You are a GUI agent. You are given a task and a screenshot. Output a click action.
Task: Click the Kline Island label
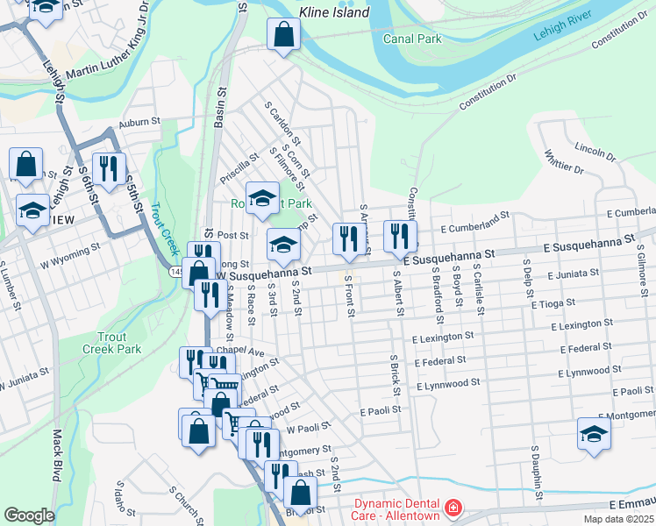(334, 12)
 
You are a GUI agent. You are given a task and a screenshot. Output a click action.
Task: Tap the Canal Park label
(412, 39)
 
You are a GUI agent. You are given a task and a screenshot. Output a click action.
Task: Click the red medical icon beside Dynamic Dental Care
(453, 508)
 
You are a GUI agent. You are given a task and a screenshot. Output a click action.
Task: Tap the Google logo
(29, 515)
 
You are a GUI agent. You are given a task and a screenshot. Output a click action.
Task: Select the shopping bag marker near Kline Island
(283, 35)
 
